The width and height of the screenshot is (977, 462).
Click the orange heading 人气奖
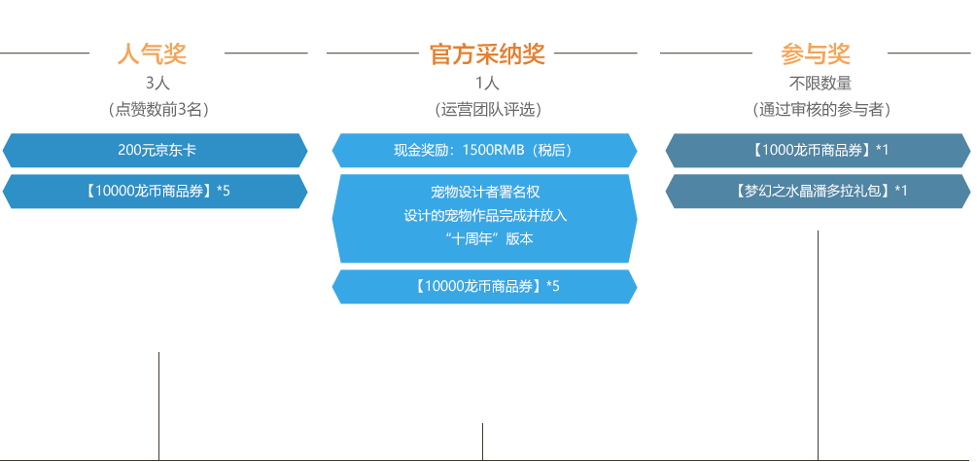pyautogui.click(x=152, y=54)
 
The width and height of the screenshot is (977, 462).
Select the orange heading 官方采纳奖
pyautogui.click(x=487, y=54)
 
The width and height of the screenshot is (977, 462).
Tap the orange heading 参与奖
pyautogui.click(x=816, y=54)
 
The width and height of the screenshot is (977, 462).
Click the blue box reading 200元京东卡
pyautogui.click(x=156, y=151)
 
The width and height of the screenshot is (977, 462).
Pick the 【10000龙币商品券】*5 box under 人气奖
pyautogui.click(x=156, y=191)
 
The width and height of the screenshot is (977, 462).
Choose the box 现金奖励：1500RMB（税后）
pyautogui.click(x=484, y=151)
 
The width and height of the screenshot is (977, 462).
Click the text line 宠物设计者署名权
pyautogui.click(x=484, y=192)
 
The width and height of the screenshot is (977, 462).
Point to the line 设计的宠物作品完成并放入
pyautogui.click(x=484, y=215)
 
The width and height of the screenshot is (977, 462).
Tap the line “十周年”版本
pyautogui.click(x=484, y=239)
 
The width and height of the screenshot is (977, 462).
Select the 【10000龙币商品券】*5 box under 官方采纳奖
pyautogui.click(x=484, y=286)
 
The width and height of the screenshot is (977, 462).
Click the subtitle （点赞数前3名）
pyautogui.click(x=157, y=110)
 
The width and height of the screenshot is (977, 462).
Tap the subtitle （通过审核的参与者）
pyautogui.click(x=822, y=110)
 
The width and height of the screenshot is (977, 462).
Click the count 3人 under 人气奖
pyautogui.click(x=157, y=83)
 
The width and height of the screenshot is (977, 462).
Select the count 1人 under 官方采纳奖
pyautogui.click(x=487, y=83)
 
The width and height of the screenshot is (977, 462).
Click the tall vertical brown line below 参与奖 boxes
pyautogui.click(x=817, y=340)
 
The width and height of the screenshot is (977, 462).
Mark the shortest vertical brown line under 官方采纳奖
pyautogui.click(x=481, y=439)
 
